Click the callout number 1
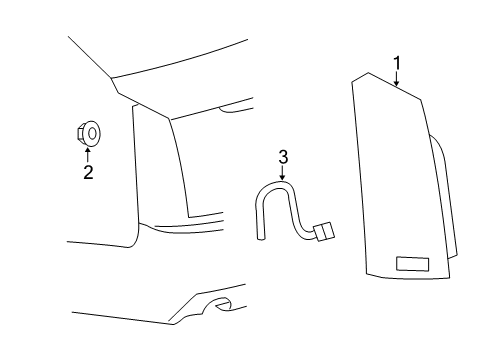point(397,63)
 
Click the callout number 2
point(88,172)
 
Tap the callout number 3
point(283,157)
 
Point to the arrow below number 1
point(396,79)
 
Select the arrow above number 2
point(88,155)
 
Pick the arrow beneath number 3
point(283,173)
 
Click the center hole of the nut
point(92,134)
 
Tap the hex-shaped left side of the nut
point(80,134)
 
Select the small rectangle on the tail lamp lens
point(412,264)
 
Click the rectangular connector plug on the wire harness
point(324,231)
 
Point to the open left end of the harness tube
point(261,238)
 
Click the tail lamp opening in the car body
point(160,163)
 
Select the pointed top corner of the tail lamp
point(368,73)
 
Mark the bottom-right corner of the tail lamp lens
point(449,278)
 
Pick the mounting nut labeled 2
point(89,134)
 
